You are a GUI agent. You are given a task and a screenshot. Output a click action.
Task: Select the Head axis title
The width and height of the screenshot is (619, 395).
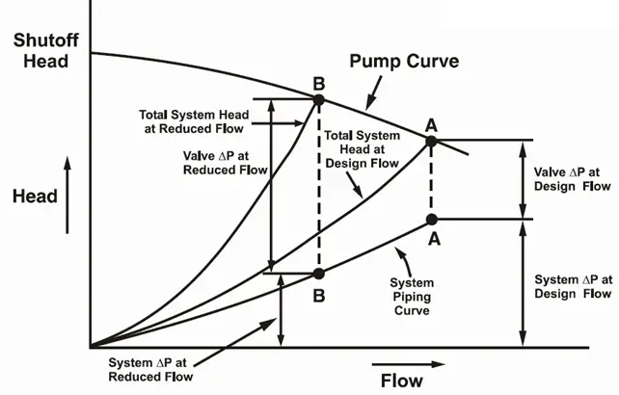(x=35, y=196)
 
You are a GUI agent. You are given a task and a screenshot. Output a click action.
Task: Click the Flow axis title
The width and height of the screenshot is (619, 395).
(x=400, y=379)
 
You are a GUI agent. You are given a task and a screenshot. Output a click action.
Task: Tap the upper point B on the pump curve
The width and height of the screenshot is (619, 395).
(x=318, y=98)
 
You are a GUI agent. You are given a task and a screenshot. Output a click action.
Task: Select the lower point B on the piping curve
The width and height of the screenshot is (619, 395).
(x=318, y=273)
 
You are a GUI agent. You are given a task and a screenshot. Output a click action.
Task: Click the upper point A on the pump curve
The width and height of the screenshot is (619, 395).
(x=431, y=141)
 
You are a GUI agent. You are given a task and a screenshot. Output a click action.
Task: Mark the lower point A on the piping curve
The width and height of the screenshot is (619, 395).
(x=431, y=220)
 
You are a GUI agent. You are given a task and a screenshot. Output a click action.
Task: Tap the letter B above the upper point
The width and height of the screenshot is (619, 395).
(x=318, y=81)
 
